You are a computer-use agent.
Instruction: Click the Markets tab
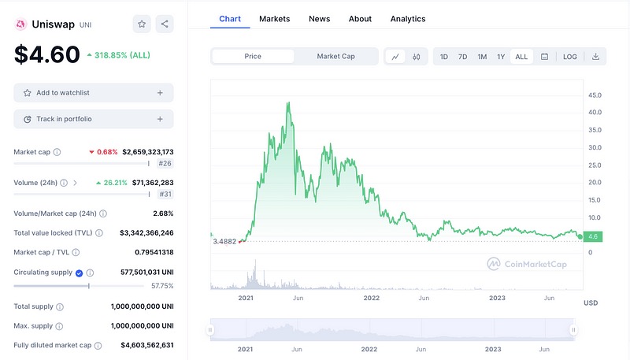click(x=274, y=18)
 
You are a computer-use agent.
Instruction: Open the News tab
click(x=319, y=18)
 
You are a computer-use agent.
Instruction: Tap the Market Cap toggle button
click(x=335, y=57)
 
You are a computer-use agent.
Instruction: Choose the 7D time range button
click(x=462, y=57)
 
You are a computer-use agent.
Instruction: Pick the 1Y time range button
click(x=501, y=57)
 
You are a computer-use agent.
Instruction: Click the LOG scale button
click(x=569, y=57)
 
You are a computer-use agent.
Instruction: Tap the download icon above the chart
click(x=595, y=57)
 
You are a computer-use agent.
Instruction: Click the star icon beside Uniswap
click(x=142, y=24)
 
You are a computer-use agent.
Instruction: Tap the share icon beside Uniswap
click(x=165, y=24)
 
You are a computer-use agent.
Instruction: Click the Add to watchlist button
click(x=94, y=93)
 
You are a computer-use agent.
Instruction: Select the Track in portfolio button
click(x=94, y=119)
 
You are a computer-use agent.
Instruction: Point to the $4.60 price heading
click(x=47, y=54)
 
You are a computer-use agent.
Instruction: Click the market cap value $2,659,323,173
click(x=147, y=151)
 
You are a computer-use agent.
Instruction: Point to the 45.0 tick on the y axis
click(x=595, y=95)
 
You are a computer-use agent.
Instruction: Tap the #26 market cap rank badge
click(x=165, y=163)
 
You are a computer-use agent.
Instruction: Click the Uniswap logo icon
click(x=20, y=24)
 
